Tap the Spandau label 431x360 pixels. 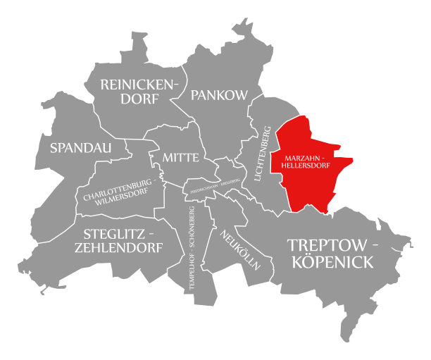77,148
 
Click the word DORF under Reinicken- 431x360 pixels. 139,100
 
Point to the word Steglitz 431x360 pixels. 120,233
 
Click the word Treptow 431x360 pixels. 333,245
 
